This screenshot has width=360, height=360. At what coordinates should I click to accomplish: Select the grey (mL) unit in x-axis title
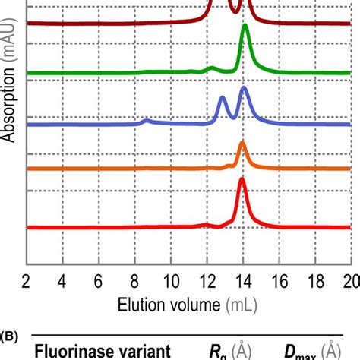click(242, 304)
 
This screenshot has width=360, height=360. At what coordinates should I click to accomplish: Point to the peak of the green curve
click(245, 27)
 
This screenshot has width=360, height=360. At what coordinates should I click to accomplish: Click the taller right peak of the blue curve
click(244, 89)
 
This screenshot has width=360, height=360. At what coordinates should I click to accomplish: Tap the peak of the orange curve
click(242, 143)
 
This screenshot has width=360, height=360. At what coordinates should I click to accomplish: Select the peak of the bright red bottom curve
click(242, 179)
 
